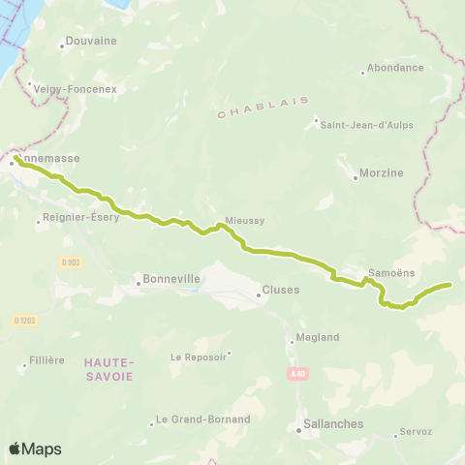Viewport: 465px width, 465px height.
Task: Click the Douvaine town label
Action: [x=90, y=43]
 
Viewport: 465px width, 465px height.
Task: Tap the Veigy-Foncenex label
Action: [x=75, y=88]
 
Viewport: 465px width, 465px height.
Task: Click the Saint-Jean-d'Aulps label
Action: [x=359, y=123]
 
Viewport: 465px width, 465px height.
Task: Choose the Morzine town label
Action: [x=383, y=172]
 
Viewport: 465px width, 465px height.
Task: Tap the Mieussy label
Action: [x=244, y=221]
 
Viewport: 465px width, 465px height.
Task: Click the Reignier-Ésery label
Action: [x=81, y=218]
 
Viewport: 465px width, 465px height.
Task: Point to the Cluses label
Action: [x=281, y=290]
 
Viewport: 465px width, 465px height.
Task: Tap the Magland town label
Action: [x=319, y=337]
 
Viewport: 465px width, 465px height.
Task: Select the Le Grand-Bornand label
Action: [x=202, y=419]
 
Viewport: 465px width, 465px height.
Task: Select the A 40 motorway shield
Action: [x=297, y=373]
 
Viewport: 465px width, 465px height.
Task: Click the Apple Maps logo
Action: [x=35, y=449]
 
